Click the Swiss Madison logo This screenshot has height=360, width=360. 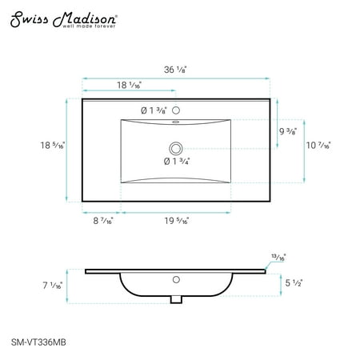(63, 19)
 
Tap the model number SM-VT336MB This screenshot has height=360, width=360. (38, 342)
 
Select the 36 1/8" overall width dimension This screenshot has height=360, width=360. (175, 70)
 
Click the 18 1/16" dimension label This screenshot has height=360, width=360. (129, 85)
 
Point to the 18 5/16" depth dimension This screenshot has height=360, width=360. (53, 146)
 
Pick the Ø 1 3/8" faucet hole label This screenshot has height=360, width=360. (154, 110)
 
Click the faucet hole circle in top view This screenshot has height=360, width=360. (176, 110)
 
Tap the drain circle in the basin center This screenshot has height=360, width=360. (176, 149)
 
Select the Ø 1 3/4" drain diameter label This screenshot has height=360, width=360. (177, 162)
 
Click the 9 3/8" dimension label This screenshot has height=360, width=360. (288, 131)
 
